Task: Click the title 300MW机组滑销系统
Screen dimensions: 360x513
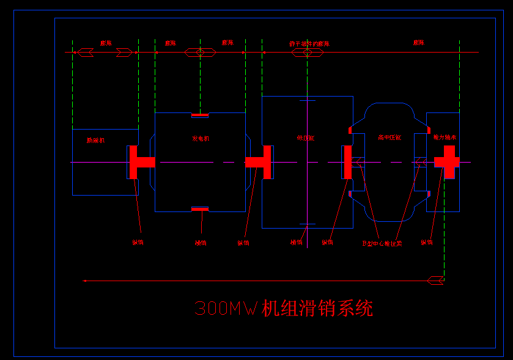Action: click(x=283, y=309)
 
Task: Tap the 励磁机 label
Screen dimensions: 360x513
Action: click(x=96, y=141)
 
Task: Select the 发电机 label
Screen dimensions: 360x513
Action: click(x=201, y=139)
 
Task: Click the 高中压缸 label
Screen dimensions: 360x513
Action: click(x=389, y=138)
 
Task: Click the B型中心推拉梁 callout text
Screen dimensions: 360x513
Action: click(x=382, y=243)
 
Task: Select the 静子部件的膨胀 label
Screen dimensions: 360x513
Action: click(x=309, y=44)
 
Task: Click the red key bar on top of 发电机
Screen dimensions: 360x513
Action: click(x=200, y=115)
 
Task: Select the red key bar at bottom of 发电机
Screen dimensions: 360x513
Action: click(x=200, y=209)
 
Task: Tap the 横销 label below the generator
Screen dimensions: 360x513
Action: click(x=201, y=243)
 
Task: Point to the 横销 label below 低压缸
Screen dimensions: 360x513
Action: click(x=296, y=243)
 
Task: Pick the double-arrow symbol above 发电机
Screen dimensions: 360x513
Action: click(x=200, y=53)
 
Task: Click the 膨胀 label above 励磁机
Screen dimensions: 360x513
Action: click(x=106, y=43)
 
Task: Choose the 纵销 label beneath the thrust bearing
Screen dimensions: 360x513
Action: click(x=427, y=243)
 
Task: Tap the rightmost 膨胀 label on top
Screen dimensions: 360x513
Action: click(x=418, y=43)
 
